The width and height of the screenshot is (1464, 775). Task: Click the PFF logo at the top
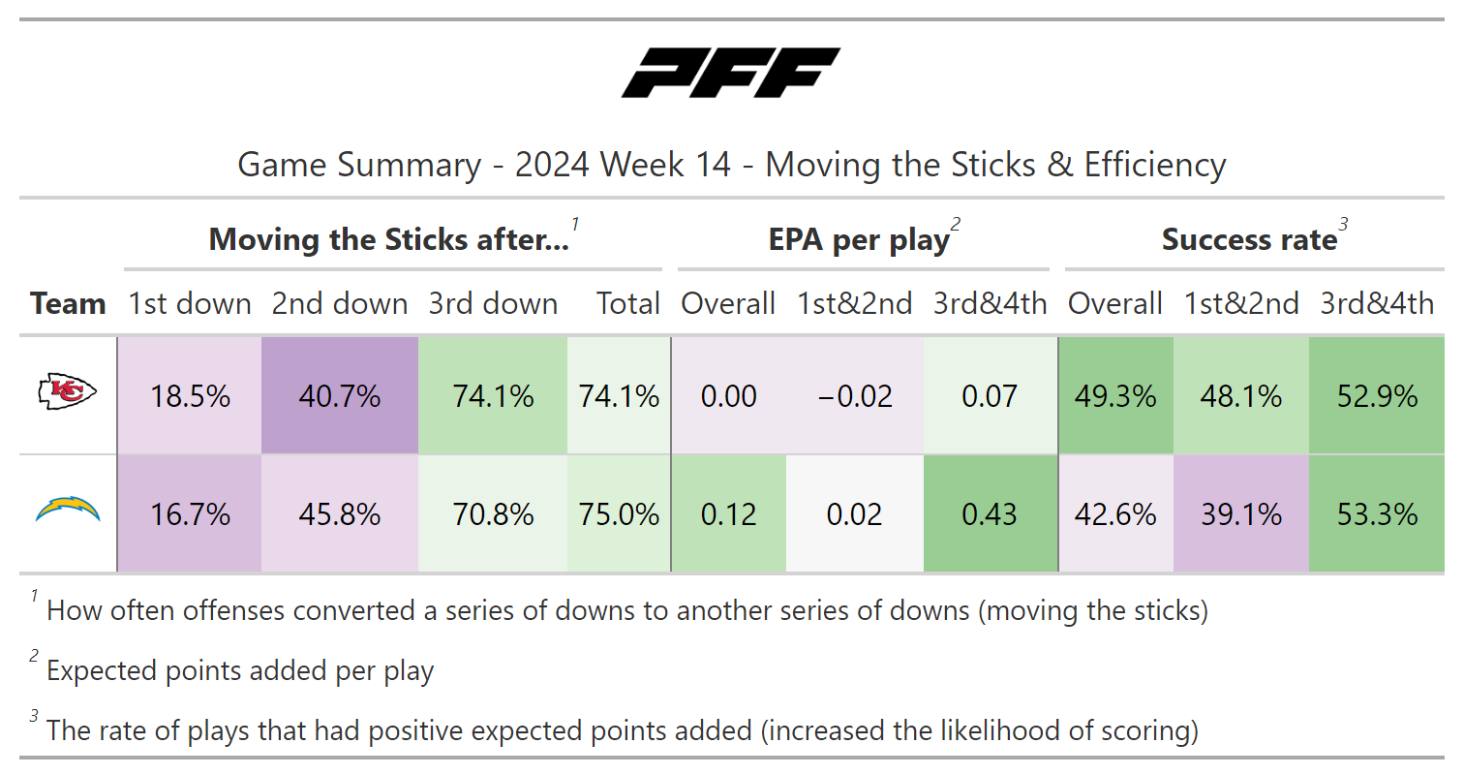(731, 74)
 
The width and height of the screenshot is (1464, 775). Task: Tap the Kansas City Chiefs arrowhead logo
(68, 392)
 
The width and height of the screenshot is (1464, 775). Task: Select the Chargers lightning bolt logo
(68, 509)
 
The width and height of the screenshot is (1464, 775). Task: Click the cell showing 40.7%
(340, 396)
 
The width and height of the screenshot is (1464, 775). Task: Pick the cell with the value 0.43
(990, 513)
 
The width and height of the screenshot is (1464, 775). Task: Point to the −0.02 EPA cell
(854, 396)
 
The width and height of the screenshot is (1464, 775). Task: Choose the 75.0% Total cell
(619, 513)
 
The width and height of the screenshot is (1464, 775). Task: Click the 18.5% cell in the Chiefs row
(190, 396)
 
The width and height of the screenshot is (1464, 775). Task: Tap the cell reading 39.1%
(1240, 513)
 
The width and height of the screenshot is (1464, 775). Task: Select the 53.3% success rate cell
(1376, 513)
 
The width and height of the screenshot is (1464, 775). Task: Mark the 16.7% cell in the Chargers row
(190, 513)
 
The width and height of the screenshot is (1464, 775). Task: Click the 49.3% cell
(1115, 396)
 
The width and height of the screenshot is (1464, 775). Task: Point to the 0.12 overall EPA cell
(728, 513)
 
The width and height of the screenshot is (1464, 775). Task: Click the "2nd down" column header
(340, 303)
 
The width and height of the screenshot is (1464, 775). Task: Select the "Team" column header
(68, 303)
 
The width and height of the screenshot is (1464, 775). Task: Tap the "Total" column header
(628, 303)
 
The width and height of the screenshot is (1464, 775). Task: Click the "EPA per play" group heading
(858, 240)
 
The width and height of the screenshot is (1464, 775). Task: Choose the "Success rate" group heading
(1249, 240)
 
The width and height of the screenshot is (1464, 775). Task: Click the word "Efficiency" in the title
(1154, 165)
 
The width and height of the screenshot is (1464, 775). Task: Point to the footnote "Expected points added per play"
(240, 670)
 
